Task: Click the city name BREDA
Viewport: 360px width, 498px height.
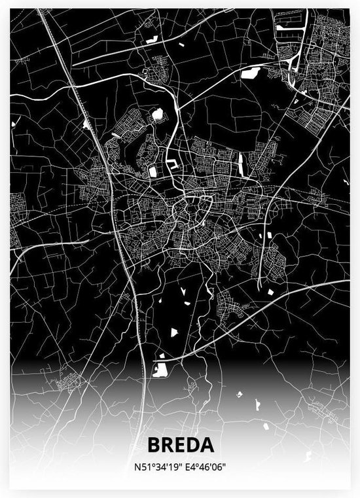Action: tap(180, 445)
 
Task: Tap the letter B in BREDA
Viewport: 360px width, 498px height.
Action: tap(154, 445)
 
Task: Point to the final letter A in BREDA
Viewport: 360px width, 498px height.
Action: tap(207, 445)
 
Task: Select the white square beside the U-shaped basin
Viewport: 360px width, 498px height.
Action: tap(153, 171)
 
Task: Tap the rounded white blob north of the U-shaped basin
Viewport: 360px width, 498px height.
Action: tap(157, 116)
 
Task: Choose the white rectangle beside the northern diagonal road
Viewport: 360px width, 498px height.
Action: tap(249, 73)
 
